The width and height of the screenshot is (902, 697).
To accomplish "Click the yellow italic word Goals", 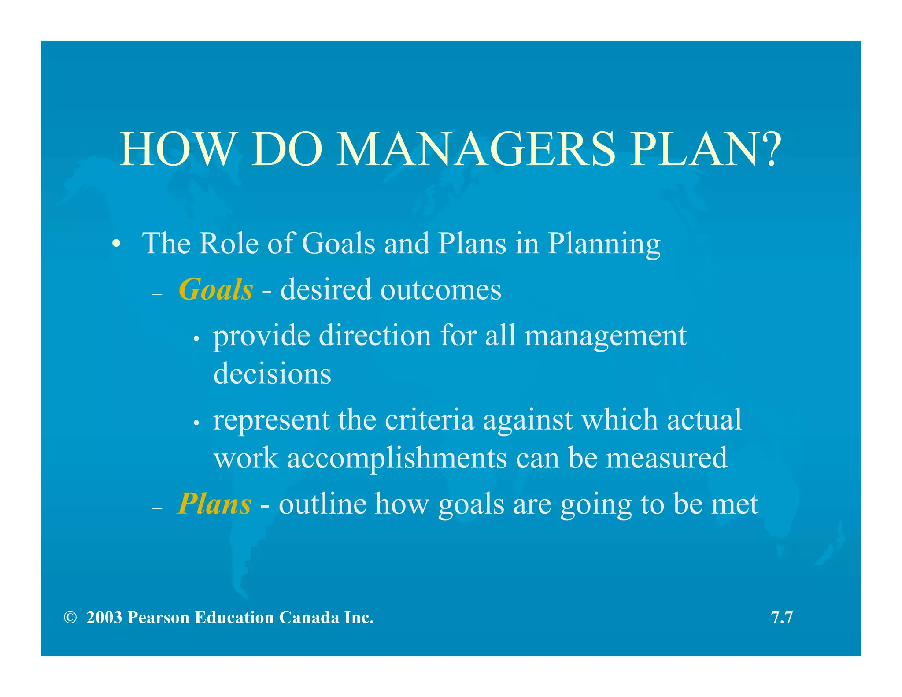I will (216, 290).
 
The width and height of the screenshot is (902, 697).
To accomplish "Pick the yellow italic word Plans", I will (214, 504).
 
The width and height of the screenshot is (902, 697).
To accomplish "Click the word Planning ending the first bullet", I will (604, 244).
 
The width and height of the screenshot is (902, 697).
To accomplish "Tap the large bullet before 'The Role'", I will (116, 244).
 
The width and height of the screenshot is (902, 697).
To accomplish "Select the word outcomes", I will (440, 290).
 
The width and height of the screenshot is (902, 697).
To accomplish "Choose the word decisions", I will (272, 374).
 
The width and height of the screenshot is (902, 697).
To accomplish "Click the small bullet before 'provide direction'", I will (196, 339).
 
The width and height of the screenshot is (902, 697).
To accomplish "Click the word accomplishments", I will (397, 458).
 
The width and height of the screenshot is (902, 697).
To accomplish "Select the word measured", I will (666, 458).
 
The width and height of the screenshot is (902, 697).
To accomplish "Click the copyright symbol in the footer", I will (70, 618).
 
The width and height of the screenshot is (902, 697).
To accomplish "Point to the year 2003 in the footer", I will (104, 618).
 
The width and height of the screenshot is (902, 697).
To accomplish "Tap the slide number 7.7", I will (782, 618).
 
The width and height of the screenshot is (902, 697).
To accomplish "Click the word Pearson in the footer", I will (159, 618).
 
